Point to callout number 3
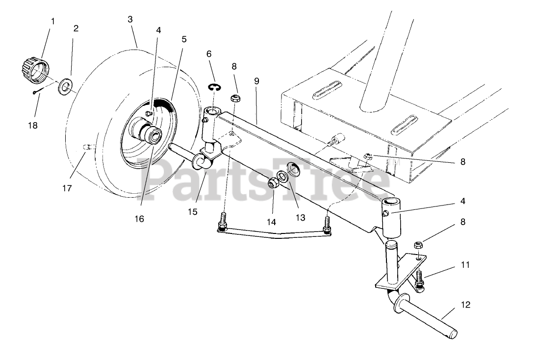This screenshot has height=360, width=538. (x=130, y=19)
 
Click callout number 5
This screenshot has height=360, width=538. (x=184, y=39)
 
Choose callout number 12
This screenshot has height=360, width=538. (x=465, y=305)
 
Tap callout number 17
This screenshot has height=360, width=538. (x=67, y=188)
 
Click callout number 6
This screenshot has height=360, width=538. (x=209, y=53)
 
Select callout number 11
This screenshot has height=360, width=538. (x=465, y=265)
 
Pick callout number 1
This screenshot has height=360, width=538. (x=53, y=21)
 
